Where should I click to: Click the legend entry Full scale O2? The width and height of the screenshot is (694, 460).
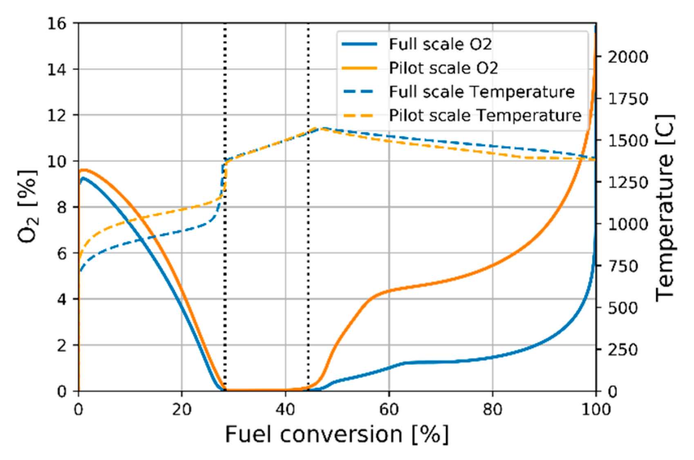tap(440, 44)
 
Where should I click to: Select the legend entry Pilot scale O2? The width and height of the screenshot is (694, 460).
tap(443, 68)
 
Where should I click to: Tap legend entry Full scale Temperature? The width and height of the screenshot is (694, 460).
tap(481, 92)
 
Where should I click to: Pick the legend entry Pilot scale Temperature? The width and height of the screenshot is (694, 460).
tap(485, 115)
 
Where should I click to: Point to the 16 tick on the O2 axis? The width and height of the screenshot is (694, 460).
tap(56, 23)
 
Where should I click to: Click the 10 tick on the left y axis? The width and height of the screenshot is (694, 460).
tap(56, 161)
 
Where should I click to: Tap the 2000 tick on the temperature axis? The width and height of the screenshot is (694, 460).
tap(628, 57)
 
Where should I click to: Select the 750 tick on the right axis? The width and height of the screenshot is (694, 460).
tap(623, 266)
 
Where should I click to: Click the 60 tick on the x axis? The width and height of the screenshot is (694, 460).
tap(389, 409)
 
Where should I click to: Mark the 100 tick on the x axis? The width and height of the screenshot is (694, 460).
tap(595, 409)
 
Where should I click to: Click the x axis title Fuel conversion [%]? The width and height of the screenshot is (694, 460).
tap(337, 434)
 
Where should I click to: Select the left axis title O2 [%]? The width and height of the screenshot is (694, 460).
tap(28, 207)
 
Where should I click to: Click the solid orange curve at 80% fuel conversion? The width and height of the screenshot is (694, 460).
tap(492, 266)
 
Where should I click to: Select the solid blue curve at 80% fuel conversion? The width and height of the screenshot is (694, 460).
tap(492, 357)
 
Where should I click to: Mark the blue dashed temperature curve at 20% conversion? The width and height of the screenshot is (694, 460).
tap(182, 231)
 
